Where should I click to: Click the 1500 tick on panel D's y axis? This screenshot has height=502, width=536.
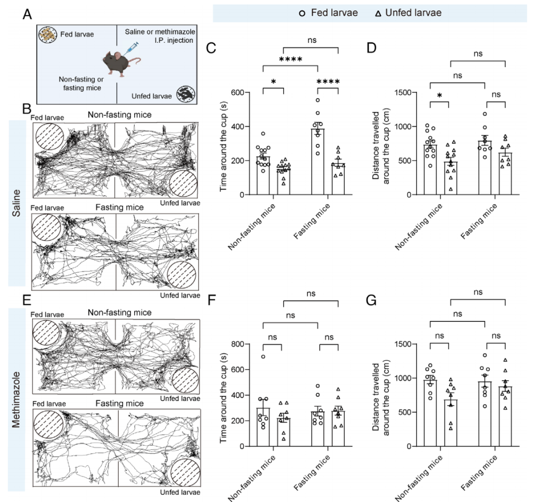pos(407,93)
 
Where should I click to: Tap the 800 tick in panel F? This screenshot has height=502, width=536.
pos(240,344)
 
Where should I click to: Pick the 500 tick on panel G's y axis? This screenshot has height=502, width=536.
pos(409,413)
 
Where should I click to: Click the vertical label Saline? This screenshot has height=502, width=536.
pos(17,203)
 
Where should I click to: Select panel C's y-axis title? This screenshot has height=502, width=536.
pos(224,143)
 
